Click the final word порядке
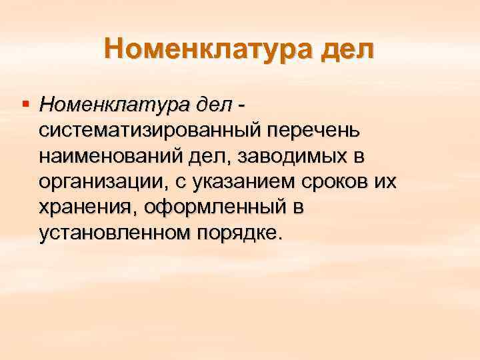[238, 233]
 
